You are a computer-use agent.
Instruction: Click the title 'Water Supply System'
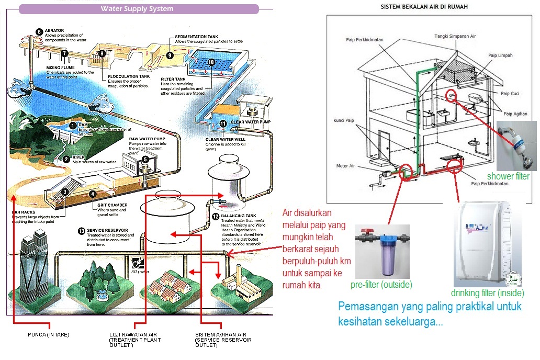[x=137, y=8]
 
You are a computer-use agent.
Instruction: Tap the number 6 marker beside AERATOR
[x=39, y=31]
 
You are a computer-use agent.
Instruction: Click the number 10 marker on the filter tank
[x=210, y=62]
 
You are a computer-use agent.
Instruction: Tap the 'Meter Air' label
[x=345, y=166]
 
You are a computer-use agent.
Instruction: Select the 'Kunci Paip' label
[x=344, y=120]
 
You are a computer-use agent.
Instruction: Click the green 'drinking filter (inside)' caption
[x=487, y=293]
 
